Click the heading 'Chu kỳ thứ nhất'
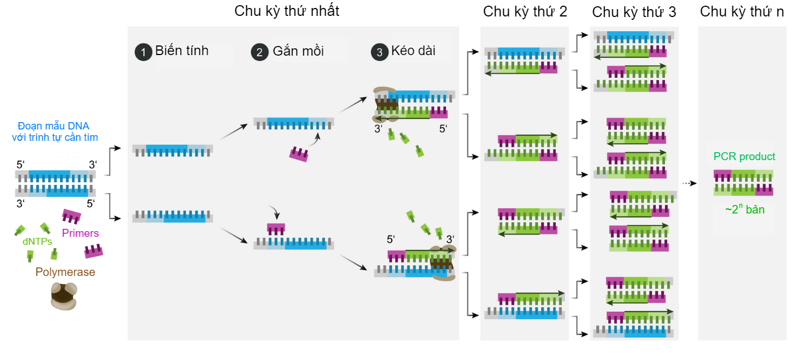(287, 11)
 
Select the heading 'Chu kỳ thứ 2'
(525, 11)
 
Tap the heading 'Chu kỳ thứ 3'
(634, 12)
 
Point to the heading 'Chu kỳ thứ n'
(743, 11)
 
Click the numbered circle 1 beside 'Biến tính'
(143, 52)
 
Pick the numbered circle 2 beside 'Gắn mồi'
(260, 52)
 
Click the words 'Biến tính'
(182, 51)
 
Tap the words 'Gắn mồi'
(298, 51)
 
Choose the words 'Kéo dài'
(413, 51)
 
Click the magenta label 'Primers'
(80, 233)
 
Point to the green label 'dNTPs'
(37, 241)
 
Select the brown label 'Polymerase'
(65, 273)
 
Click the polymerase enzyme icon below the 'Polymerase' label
(63, 296)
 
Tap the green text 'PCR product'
(744, 157)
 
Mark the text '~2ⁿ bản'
(744, 210)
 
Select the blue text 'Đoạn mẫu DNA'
(53, 126)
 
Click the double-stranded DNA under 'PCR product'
(743, 182)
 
